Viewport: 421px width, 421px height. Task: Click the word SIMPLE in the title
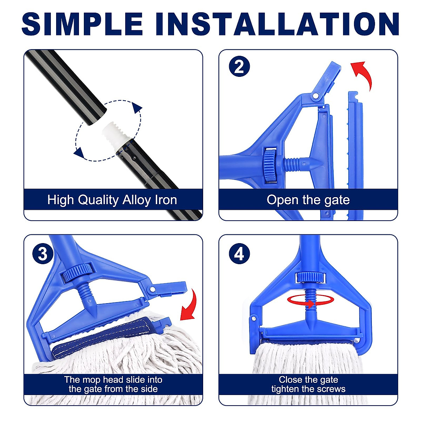(x=82, y=24)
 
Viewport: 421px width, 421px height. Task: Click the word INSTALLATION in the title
(x=278, y=24)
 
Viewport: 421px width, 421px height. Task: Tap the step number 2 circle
(x=239, y=66)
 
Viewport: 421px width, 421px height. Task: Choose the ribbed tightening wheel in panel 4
(x=310, y=277)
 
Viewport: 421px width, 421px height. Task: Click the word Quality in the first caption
(x=98, y=200)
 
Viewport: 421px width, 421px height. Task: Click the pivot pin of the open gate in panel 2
(x=315, y=96)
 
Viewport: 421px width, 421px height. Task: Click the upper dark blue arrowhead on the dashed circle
(x=136, y=108)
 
